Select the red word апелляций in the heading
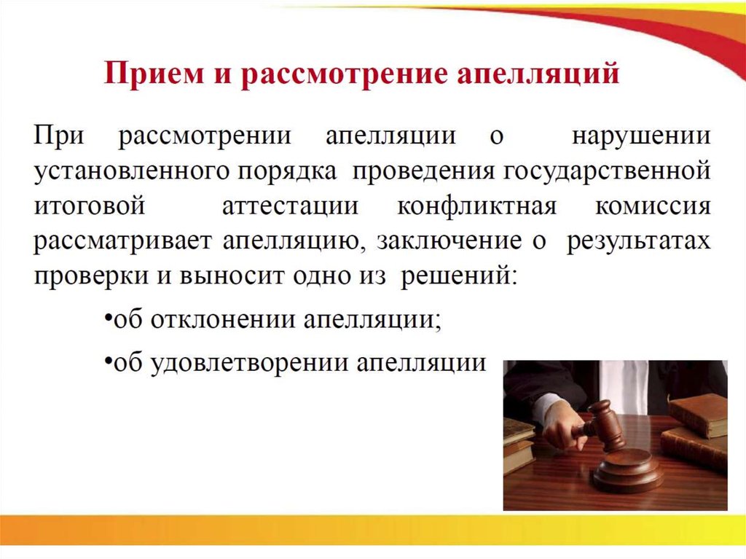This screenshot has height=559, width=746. click(x=538, y=75)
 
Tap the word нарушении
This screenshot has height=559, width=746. click(x=641, y=136)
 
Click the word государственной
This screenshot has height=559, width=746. click(x=606, y=171)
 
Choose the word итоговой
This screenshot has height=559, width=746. click(x=90, y=206)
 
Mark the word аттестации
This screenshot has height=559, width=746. click(x=290, y=206)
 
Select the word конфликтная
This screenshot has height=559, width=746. click(x=476, y=206)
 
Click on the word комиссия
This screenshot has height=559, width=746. click(x=653, y=206)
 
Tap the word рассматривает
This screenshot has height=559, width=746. click(x=122, y=241)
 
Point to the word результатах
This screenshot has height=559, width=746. click(x=638, y=241)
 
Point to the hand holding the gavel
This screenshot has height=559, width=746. click(x=565, y=429)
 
